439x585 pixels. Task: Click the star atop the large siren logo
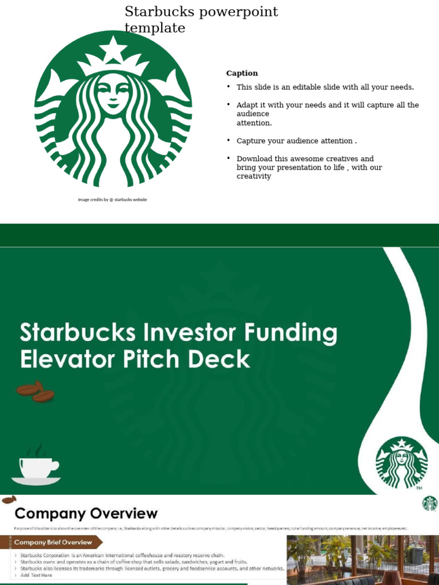(113, 49)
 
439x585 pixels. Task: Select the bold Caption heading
(242, 73)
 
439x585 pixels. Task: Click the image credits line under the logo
(113, 199)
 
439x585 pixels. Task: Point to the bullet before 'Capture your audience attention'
(229, 141)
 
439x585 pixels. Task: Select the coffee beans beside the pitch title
(35, 391)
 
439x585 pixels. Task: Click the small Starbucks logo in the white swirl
(401, 462)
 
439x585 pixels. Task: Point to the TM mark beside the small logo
(419, 488)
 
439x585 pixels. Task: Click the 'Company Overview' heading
(86, 513)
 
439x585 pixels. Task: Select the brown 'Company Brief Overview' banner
(54, 542)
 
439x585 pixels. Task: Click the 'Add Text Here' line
(36, 575)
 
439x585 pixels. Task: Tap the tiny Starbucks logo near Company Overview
(429, 503)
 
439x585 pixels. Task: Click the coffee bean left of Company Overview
(8, 500)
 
